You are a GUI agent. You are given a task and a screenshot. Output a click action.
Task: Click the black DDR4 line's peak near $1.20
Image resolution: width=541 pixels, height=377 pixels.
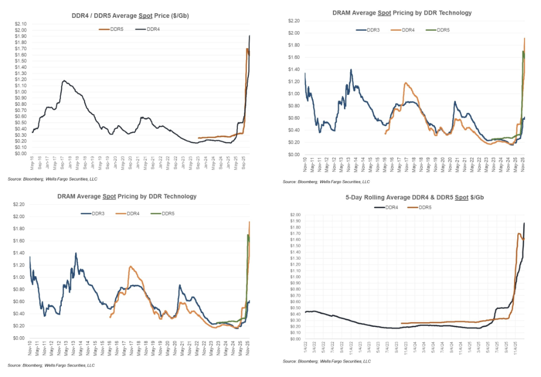pos(63,81)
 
